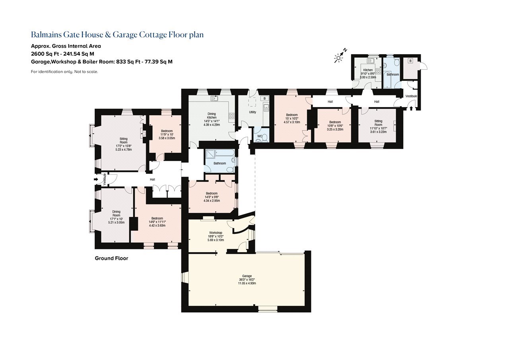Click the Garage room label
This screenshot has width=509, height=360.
pyautogui.click(x=247, y=276)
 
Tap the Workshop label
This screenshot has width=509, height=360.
pyautogui.click(x=216, y=233)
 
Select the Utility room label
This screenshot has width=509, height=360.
pyautogui.click(x=253, y=112)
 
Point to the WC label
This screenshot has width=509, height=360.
pyautogui.click(x=260, y=136)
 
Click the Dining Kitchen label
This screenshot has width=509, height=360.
pyautogui.click(x=212, y=116)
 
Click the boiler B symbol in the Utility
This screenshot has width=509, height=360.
pyautogui.click(x=264, y=98)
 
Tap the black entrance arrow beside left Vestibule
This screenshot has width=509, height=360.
pyautogui.click(x=96, y=179)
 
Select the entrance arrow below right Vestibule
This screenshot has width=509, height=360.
pyautogui.click(x=411, y=109)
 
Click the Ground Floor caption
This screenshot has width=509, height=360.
pyautogui.click(x=111, y=258)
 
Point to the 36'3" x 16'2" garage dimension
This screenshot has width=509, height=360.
pyautogui.click(x=247, y=280)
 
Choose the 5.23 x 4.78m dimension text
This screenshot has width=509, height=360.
pyautogui.click(x=124, y=150)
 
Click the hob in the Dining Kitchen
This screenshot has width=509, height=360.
pyautogui.click(x=232, y=116)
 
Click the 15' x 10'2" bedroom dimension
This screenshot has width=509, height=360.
pyautogui.click(x=292, y=119)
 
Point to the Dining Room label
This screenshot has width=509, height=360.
pyautogui.click(x=117, y=213)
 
